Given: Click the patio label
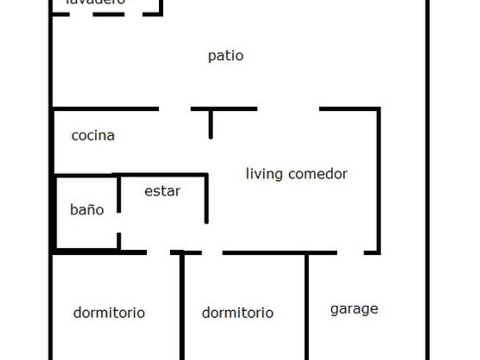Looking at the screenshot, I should (x=226, y=56).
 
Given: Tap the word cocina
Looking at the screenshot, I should (x=93, y=135).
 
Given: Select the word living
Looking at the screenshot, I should (x=264, y=174).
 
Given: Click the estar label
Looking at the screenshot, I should (x=162, y=191).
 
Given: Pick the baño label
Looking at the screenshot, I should (x=87, y=210).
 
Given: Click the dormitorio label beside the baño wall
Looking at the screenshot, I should (x=109, y=313).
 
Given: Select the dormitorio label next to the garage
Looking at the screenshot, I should (x=237, y=313).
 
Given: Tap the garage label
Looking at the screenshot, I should (x=354, y=309).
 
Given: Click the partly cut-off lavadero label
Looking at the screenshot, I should (x=95, y=2).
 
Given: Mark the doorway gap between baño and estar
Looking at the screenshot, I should (x=119, y=223).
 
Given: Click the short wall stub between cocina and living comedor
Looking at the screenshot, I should (x=211, y=123).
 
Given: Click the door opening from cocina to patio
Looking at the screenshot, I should (x=174, y=109).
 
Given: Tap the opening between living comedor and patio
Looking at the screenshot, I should (x=288, y=109).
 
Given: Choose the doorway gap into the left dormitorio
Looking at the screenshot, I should (x=158, y=252).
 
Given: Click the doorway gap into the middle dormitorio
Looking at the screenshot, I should (x=211, y=252).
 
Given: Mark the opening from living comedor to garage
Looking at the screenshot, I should (x=350, y=252).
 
